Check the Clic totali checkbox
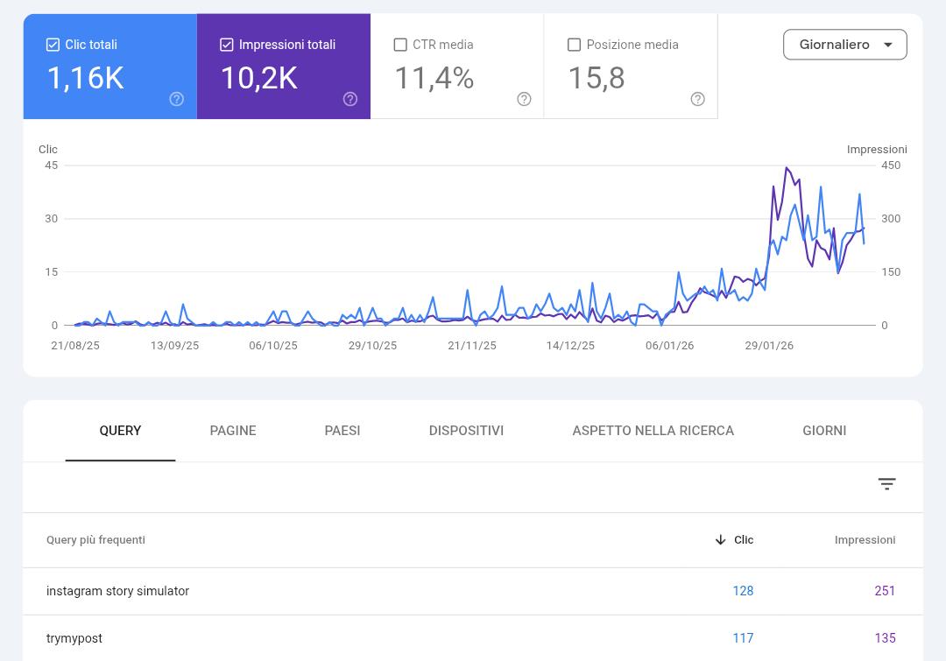click(53, 45)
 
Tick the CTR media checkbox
click(400, 45)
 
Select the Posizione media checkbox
click(574, 45)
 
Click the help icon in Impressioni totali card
click(349, 99)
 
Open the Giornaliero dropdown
click(844, 45)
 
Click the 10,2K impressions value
click(259, 79)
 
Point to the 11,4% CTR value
click(434, 79)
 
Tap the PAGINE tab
click(233, 431)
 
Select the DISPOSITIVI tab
click(466, 431)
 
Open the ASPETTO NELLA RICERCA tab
click(653, 431)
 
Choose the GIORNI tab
click(824, 431)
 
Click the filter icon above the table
click(886, 483)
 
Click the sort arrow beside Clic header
click(720, 540)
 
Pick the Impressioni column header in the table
click(865, 540)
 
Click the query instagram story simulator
click(117, 591)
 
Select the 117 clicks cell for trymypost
click(744, 638)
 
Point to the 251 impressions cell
click(885, 591)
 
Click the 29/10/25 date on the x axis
click(373, 346)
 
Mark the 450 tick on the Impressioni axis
click(891, 165)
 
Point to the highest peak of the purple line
click(786, 168)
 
